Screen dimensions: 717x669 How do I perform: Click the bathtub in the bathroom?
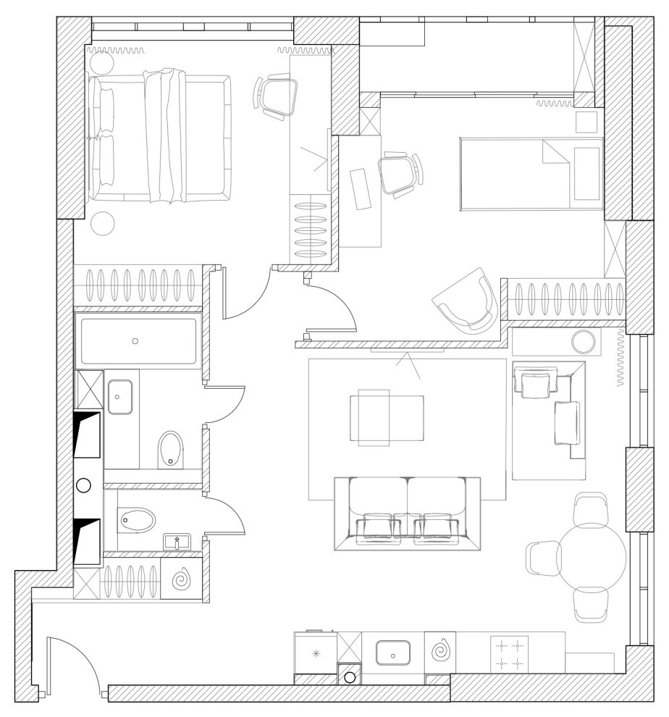click(x=138, y=341)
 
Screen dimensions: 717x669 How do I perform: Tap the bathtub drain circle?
click(x=135, y=340)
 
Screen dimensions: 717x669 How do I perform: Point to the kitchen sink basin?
click(x=392, y=653)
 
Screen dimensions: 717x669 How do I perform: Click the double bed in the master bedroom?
click(x=161, y=135)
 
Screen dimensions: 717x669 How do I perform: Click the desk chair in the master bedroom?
click(x=278, y=96)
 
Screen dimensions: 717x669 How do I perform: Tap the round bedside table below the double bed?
click(x=103, y=222)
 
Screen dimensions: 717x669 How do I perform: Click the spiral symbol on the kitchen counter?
click(x=439, y=651)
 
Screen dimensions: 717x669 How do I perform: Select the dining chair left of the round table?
click(x=543, y=558)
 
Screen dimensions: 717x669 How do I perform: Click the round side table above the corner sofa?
click(x=582, y=341)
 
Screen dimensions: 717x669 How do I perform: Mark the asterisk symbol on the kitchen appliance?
click(x=315, y=654)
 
